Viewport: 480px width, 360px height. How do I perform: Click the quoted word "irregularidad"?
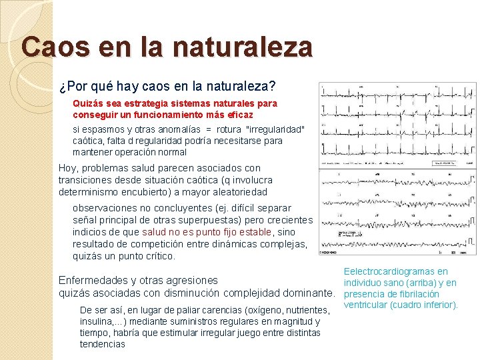(x=275, y=129)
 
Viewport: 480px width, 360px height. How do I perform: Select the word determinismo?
(x=93, y=192)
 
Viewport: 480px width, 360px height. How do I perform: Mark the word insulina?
(x=97, y=321)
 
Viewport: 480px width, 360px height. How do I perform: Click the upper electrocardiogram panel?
(x=397, y=125)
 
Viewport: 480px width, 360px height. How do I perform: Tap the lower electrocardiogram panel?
(x=397, y=212)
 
